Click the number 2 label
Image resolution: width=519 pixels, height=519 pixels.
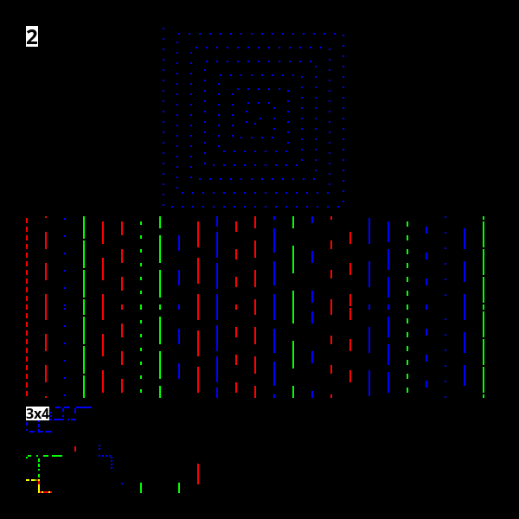coord(32,36)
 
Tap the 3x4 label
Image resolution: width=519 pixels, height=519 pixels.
coord(37,413)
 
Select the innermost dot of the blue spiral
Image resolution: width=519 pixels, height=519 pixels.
coord(255,124)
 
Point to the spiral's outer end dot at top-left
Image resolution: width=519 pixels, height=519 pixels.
coord(163,29)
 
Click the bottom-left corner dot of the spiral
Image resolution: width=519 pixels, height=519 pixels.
coord(163,205)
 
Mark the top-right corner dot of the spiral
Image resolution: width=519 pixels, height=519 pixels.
coord(343,35)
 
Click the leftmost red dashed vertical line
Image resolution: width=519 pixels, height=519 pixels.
coord(27,307)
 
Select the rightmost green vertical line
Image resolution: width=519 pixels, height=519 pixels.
coord(484,307)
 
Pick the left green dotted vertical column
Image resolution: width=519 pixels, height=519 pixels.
coord(141,307)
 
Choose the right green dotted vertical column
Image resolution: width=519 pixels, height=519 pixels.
coord(407,307)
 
